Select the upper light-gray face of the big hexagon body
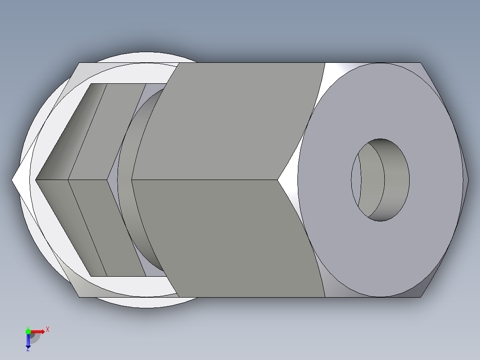[x=236, y=120]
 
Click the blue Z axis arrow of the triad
[x=28, y=341]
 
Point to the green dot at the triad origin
[x=28, y=331]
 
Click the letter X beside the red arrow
[x=48, y=330]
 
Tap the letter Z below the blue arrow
[x=28, y=350]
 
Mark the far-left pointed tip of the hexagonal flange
[x=13, y=180]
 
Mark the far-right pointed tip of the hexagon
[x=468, y=180]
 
